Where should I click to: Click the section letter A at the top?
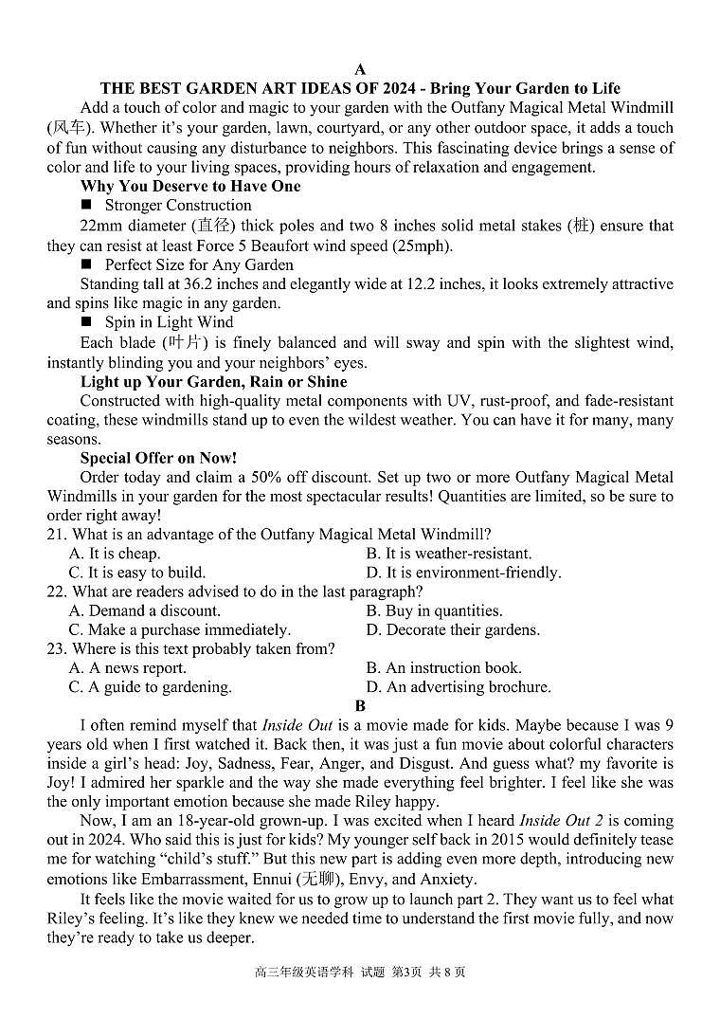pos(360,69)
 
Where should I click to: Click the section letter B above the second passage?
pos(360,706)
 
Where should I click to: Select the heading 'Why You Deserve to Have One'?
pos(189,186)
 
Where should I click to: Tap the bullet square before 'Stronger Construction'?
pos(86,206)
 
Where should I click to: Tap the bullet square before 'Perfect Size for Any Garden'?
pos(86,265)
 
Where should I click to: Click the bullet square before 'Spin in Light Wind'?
pos(86,323)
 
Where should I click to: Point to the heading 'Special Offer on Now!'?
pos(158,458)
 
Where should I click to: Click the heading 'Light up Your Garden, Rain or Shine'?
pos(213,382)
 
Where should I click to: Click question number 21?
pos(57,535)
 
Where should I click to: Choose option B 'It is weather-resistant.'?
pos(449,554)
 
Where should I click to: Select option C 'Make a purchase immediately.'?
pos(180,629)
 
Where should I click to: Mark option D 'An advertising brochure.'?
pos(459,687)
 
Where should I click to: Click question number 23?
pos(57,649)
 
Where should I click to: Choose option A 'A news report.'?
pos(127,668)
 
